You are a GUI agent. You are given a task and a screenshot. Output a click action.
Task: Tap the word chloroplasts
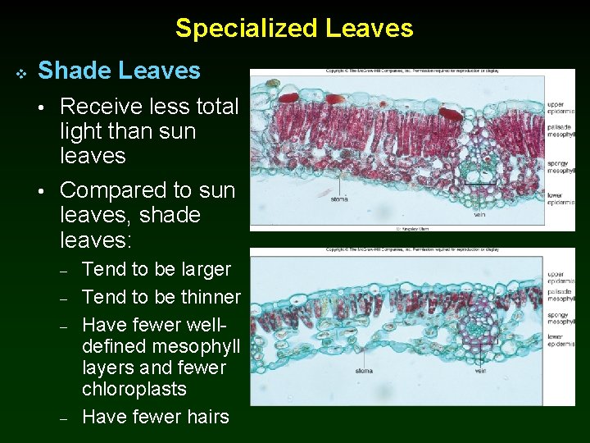[x=134, y=389]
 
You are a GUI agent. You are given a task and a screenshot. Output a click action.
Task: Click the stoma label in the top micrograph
[x=339, y=199]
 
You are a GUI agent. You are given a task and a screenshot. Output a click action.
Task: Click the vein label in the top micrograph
[x=480, y=214]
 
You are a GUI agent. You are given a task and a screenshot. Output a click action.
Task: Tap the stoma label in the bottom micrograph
[x=363, y=370]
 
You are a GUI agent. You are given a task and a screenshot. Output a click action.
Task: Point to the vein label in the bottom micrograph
[x=480, y=371]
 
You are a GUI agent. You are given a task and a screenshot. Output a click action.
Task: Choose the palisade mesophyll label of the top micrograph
[x=561, y=130]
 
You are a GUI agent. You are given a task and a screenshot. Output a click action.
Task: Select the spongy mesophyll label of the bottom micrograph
[x=561, y=317]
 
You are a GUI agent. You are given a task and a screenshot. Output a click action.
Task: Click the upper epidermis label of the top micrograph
[x=561, y=107]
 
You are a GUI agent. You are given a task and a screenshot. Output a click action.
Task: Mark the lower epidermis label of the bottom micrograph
[x=561, y=340]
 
